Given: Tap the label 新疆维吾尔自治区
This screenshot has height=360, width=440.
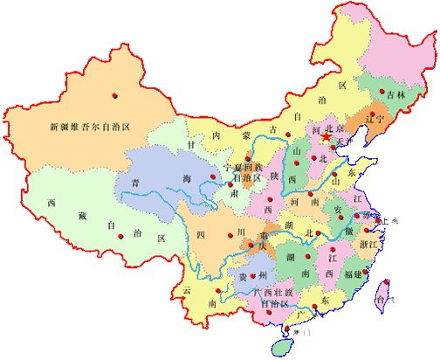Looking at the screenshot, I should tap(89, 127).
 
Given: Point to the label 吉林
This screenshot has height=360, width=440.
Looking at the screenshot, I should tap(396, 94).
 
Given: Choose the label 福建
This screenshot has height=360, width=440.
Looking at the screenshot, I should tap(354, 274).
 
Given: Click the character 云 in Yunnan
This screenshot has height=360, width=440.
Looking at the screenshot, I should tap(185, 289).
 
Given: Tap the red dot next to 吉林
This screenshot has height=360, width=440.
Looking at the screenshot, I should tap(382, 91).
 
